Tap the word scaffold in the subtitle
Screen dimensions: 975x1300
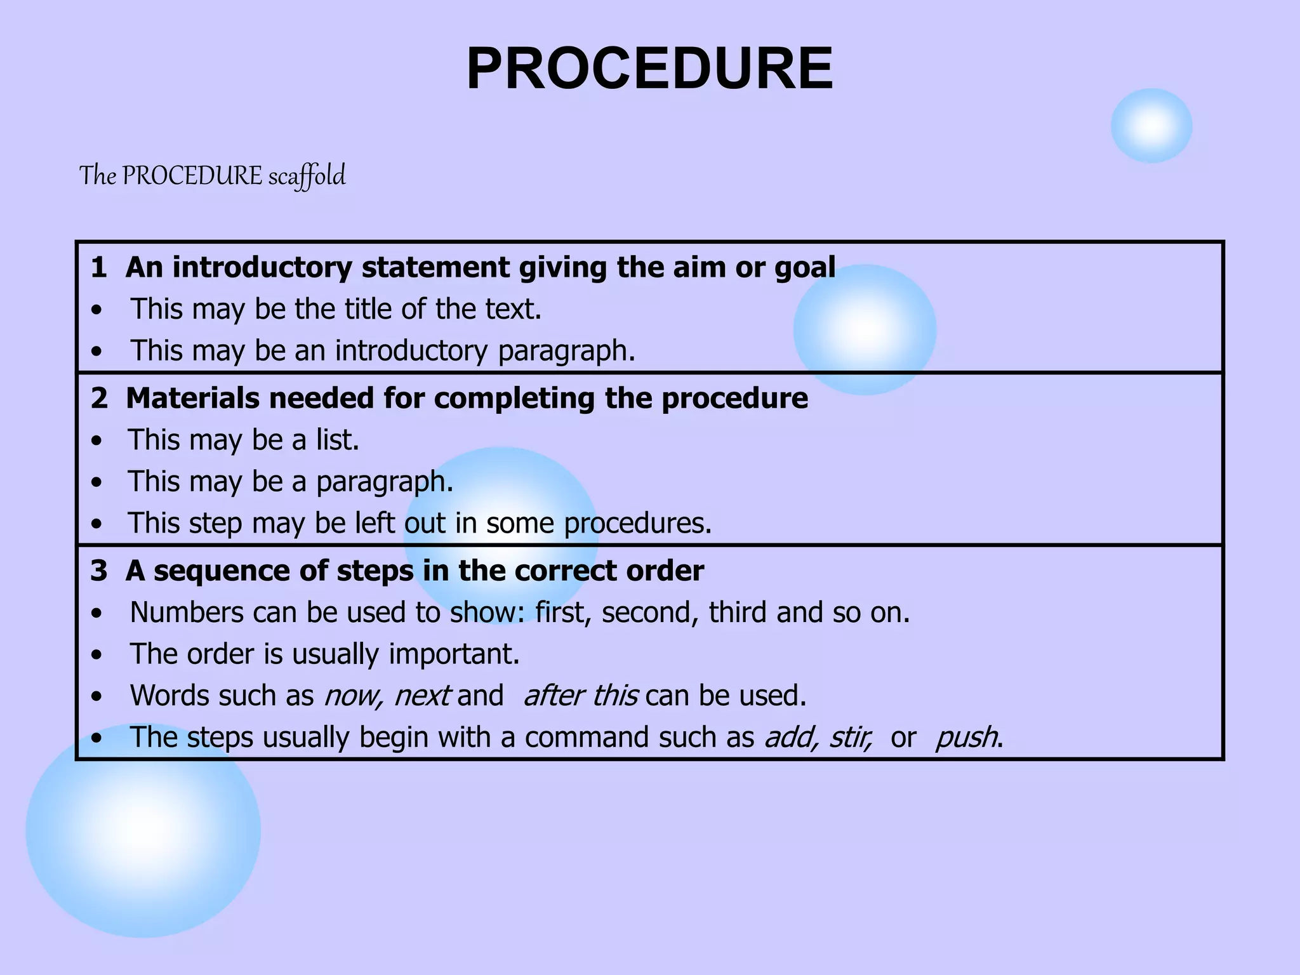[307, 176]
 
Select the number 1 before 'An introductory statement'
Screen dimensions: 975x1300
[98, 267]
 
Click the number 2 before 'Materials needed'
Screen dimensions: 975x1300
[99, 399]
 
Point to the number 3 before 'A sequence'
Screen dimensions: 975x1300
[98, 571]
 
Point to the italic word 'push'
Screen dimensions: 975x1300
[965, 738]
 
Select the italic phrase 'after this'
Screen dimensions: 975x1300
[580, 696]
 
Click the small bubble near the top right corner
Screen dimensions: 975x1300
[1151, 126]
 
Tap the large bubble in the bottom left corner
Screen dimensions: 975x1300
[143, 830]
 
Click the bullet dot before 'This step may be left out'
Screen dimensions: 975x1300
[96, 524]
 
